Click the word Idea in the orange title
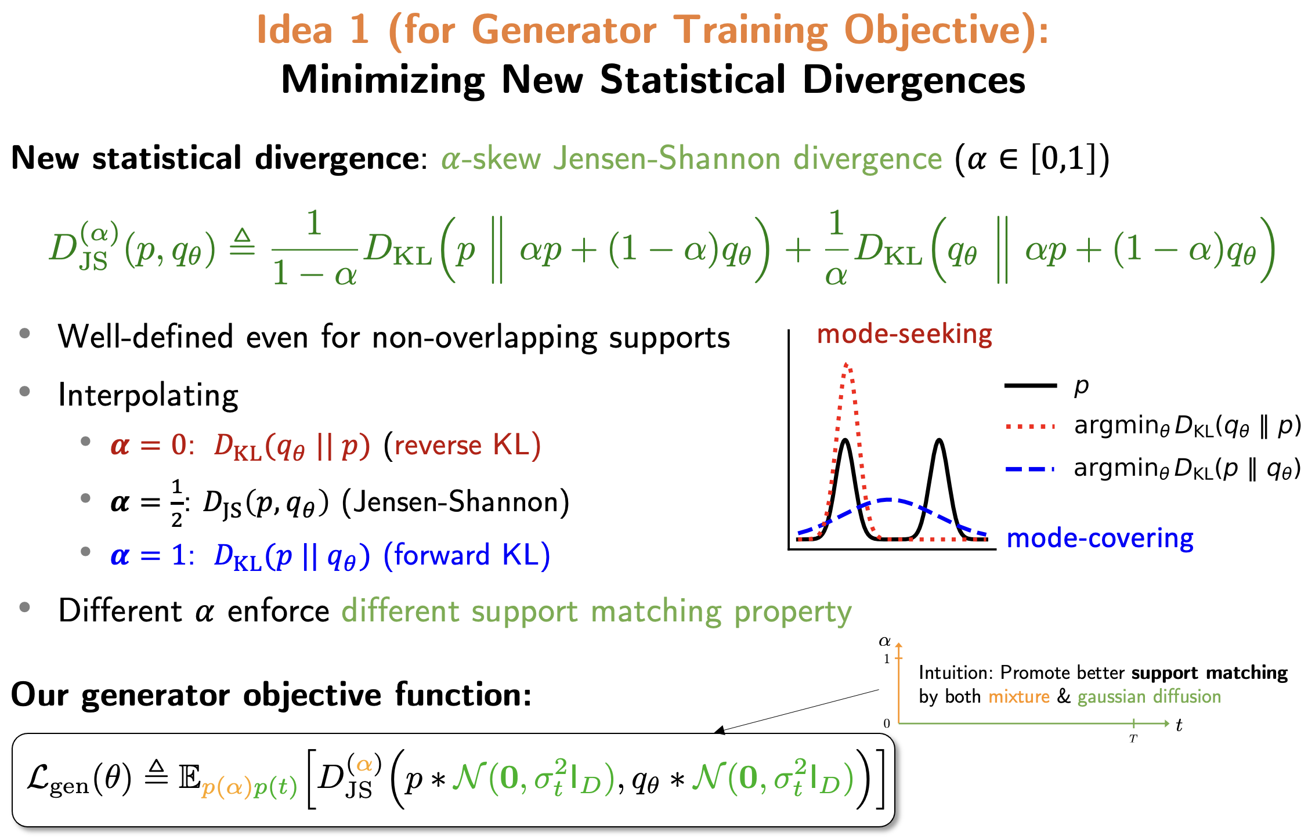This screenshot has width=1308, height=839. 294,30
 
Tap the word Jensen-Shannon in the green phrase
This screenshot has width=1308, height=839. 667,158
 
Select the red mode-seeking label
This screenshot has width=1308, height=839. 904,334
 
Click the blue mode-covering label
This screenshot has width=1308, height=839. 1100,538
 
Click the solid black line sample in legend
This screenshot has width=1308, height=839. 1031,385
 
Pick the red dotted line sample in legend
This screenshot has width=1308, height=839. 1031,427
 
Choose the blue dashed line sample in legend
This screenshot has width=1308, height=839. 1031,469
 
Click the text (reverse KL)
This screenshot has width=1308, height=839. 463,446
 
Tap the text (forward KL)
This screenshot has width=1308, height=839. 467,555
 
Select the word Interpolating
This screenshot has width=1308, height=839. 149,396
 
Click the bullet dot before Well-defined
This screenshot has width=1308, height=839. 24,334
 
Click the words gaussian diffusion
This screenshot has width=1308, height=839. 1149,696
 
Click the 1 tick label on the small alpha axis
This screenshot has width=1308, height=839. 887,659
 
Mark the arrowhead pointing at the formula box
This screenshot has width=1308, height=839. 720,731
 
